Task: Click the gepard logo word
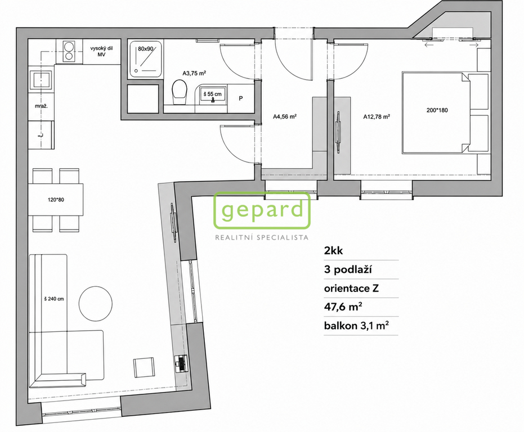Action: (x=262, y=210)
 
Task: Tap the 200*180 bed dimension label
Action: (x=437, y=110)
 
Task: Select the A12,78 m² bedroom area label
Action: (x=377, y=117)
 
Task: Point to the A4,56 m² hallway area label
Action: (x=285, y=117)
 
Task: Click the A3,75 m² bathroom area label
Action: (x=194, y=73)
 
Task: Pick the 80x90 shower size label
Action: (x=145, y=49)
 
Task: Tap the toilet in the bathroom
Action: (x=180, y=92)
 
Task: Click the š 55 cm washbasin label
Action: (x=212, y=94)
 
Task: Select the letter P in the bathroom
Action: (x=241, y=98)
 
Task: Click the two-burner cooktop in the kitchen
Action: (x=69, y=51)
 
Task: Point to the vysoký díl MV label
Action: (x=101, y=51)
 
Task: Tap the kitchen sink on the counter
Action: (x=41, y=80)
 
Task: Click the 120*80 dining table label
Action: (x=56, y=200)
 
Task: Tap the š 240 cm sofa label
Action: (x=54, y=299)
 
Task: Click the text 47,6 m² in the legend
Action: (x=343, y=307)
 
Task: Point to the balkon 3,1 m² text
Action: (x=356, y=326)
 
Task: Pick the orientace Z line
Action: (x=351, y=288)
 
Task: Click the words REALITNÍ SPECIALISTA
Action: (x=262, y=237)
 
